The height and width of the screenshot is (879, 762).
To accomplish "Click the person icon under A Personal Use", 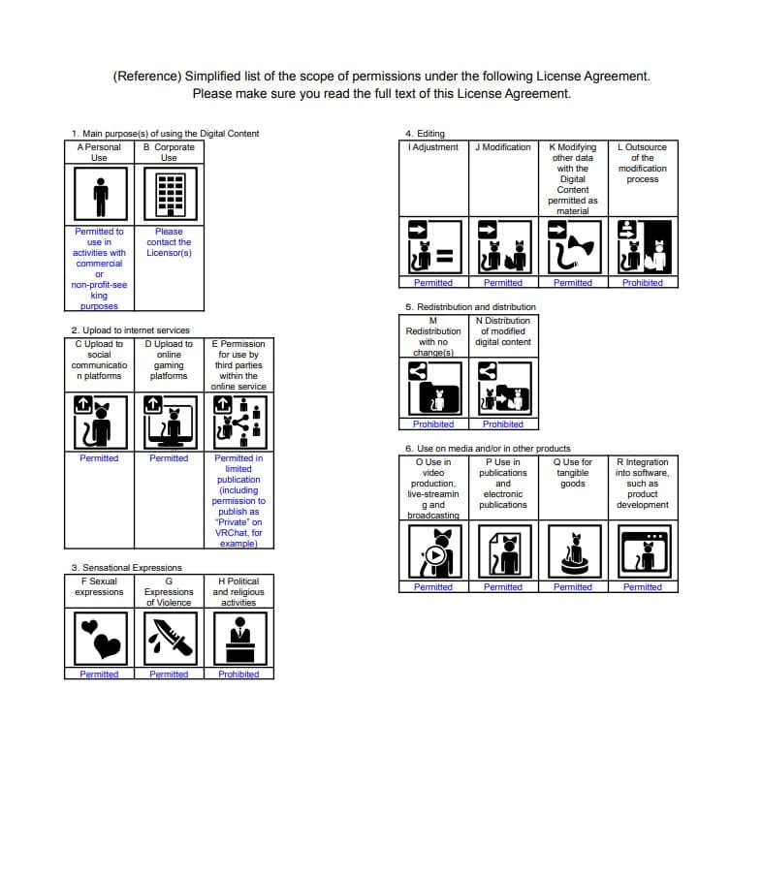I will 99,195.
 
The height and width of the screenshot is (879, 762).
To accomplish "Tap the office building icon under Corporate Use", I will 169,195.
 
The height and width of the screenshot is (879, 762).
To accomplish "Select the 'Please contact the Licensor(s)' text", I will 169,242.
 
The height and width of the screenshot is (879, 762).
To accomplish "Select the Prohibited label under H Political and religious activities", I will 238,675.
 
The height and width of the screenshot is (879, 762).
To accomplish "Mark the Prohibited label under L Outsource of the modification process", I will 643,283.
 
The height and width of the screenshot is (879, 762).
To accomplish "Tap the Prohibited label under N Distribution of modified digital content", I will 503,424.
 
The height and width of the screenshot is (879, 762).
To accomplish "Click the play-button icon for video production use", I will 433,551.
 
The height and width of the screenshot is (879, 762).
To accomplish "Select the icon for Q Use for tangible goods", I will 573,551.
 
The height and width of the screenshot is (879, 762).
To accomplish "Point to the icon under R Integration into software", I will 643,551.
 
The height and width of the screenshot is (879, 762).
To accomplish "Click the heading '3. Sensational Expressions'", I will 126,568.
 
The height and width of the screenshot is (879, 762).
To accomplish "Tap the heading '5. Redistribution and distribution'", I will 470,307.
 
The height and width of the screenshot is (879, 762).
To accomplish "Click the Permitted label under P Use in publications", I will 503,587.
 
